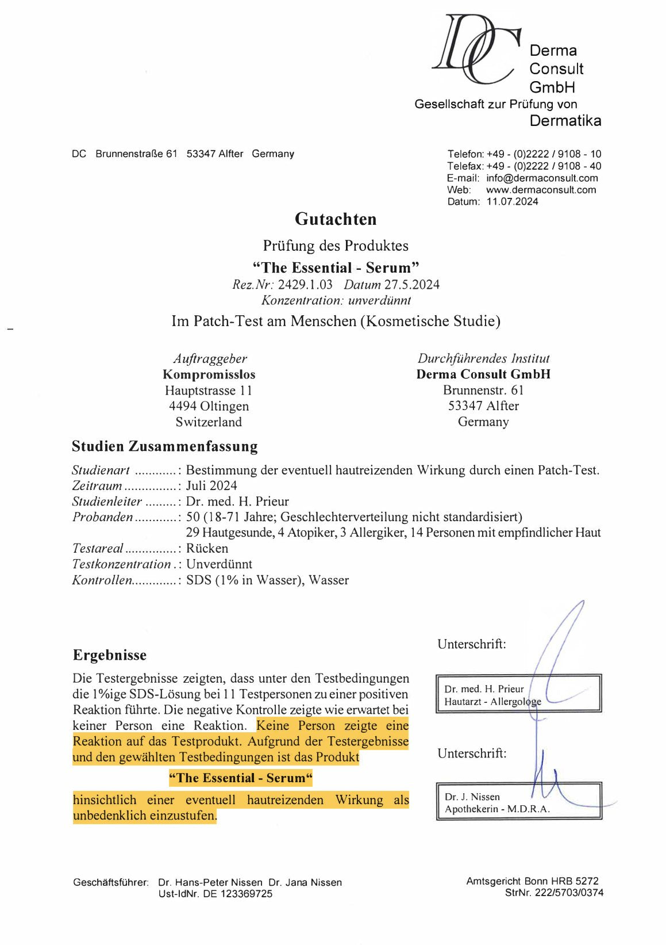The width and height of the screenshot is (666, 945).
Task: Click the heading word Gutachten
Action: [x=336, y=219]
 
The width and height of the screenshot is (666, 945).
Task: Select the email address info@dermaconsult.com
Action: [x=541, y=178]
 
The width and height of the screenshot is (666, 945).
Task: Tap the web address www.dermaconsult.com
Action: [x=541, y=190]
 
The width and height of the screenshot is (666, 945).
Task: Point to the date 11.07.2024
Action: [x=512, y=202]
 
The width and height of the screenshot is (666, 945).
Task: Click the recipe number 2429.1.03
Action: [x=305, y=285]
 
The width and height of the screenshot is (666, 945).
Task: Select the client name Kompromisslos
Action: [x=209, y=374]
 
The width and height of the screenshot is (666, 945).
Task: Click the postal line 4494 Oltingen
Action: [x=209, y=406]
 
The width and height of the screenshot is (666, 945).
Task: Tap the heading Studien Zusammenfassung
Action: [x=164, y=446]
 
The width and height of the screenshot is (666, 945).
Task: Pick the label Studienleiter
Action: [x=107, y=502]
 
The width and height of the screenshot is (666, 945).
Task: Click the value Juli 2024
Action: [x=211, y=486]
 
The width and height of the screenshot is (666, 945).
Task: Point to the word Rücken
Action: [x=207, y=549]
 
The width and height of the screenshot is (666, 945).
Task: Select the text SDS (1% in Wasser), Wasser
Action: [x=267, y=580]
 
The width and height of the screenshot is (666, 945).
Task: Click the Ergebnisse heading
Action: [x=110, y=655]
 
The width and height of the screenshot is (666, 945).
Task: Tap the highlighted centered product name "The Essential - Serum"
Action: [x=240, y=778]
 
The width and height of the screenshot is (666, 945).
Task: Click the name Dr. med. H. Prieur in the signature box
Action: [x=484, y=688]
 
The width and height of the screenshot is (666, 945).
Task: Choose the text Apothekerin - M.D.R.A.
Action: [x=497, y=809]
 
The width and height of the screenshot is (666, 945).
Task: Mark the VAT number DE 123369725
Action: [x=238, y=894]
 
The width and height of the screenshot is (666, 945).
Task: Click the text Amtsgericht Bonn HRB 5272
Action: [x=532, y=881]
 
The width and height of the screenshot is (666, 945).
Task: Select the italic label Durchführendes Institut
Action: [x=483, y=358]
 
